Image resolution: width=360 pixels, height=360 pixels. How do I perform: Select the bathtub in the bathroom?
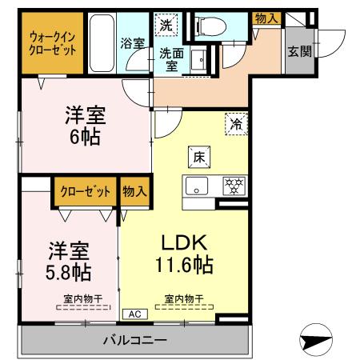tap(102, 43)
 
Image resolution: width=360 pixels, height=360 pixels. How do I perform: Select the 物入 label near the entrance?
tap(266, 17)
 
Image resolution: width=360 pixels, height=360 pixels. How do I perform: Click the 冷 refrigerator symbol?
tap(237, 124)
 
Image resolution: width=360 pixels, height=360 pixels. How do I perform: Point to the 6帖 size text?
tap(84, 137)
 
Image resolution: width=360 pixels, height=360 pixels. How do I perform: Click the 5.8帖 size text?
tap(68, 272)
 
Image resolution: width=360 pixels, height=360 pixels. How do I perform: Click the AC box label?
tap(133, 314)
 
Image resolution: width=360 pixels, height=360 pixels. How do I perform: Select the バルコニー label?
tap(134, 341)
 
